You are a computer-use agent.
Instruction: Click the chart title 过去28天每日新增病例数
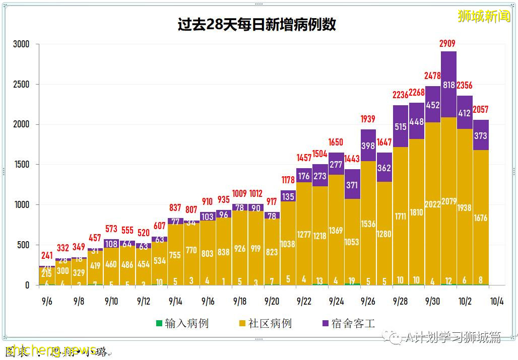tap(256, 25)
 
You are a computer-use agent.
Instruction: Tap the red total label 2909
tap(448, 44)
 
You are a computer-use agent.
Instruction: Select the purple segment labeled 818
tap(448, 85)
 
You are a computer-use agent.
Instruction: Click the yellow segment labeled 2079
tap(448, 201)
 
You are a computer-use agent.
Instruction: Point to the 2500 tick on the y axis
tap(21, 84)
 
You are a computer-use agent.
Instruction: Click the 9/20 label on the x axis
tap(272, 302)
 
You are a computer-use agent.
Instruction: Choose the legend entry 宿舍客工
tap(348, 323)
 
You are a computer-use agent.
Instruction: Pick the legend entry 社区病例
tap(265, 323)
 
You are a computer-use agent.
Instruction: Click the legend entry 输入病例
tap(182, 323)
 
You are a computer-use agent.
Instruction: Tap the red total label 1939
tap(368, 119)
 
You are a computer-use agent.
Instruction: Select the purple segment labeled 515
tap(401, 126)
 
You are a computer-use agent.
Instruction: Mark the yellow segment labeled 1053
tap(352, 242)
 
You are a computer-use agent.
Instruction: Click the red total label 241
tap(46, 255)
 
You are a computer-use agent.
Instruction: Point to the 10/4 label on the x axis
tap(496, 302)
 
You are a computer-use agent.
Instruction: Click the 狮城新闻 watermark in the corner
tap(483, 16)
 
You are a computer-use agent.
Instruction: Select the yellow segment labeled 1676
tap(481, 218)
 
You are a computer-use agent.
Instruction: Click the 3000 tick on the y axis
tap(21, 44)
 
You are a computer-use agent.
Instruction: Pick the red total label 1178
tap(288, 180)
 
